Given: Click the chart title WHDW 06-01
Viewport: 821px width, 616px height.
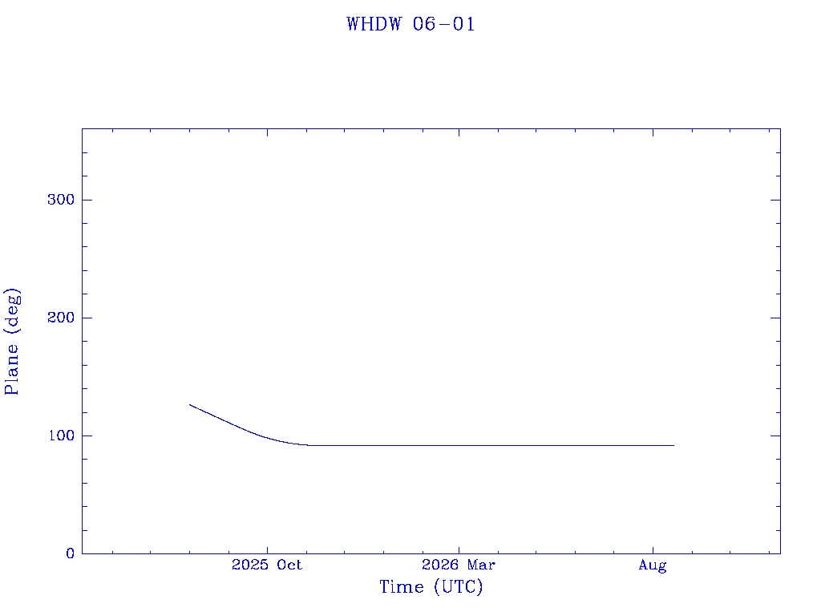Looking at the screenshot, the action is click(410, 24).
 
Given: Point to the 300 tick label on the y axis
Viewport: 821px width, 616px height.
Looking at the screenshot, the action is click(61, 200).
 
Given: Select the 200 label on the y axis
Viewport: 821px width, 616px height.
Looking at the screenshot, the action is click(61, 318).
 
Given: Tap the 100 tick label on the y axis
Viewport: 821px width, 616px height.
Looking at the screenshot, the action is click(61, 436).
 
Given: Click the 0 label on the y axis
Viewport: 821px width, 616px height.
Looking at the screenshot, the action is click(71, 553).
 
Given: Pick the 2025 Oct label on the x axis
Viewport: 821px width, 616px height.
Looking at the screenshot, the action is click(267, 565).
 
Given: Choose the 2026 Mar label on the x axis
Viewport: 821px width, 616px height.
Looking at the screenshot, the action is click(459, 565).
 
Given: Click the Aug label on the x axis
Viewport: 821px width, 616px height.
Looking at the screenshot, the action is click(653, 565).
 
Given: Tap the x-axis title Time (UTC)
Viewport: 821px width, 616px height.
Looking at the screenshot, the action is click(431, 586).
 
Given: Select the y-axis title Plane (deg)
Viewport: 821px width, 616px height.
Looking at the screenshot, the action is click(12, 342).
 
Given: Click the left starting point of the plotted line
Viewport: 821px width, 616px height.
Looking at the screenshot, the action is click(189, 404).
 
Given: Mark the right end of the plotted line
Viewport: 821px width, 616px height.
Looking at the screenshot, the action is click(673, 445).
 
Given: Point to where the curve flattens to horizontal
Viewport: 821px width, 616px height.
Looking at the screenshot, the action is click(308, 445).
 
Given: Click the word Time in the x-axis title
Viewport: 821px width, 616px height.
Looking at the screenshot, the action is click(402, 586).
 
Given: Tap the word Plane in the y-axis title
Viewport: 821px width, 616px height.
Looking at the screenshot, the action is click(11, 369).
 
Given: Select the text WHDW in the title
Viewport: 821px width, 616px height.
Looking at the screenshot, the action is click(374, 24).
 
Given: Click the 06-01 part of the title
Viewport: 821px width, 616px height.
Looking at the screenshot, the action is click(444, 24).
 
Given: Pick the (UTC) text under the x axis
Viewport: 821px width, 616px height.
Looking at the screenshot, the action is click(458, 587).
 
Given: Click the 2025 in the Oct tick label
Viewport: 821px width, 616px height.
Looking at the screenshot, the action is click(250, 565).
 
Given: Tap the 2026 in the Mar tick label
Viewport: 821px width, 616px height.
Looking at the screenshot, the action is click(441, 565).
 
